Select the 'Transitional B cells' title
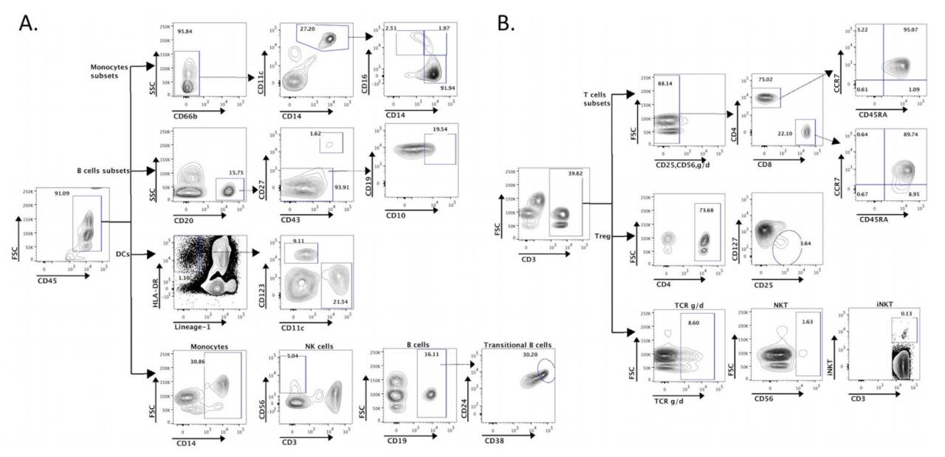518,345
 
